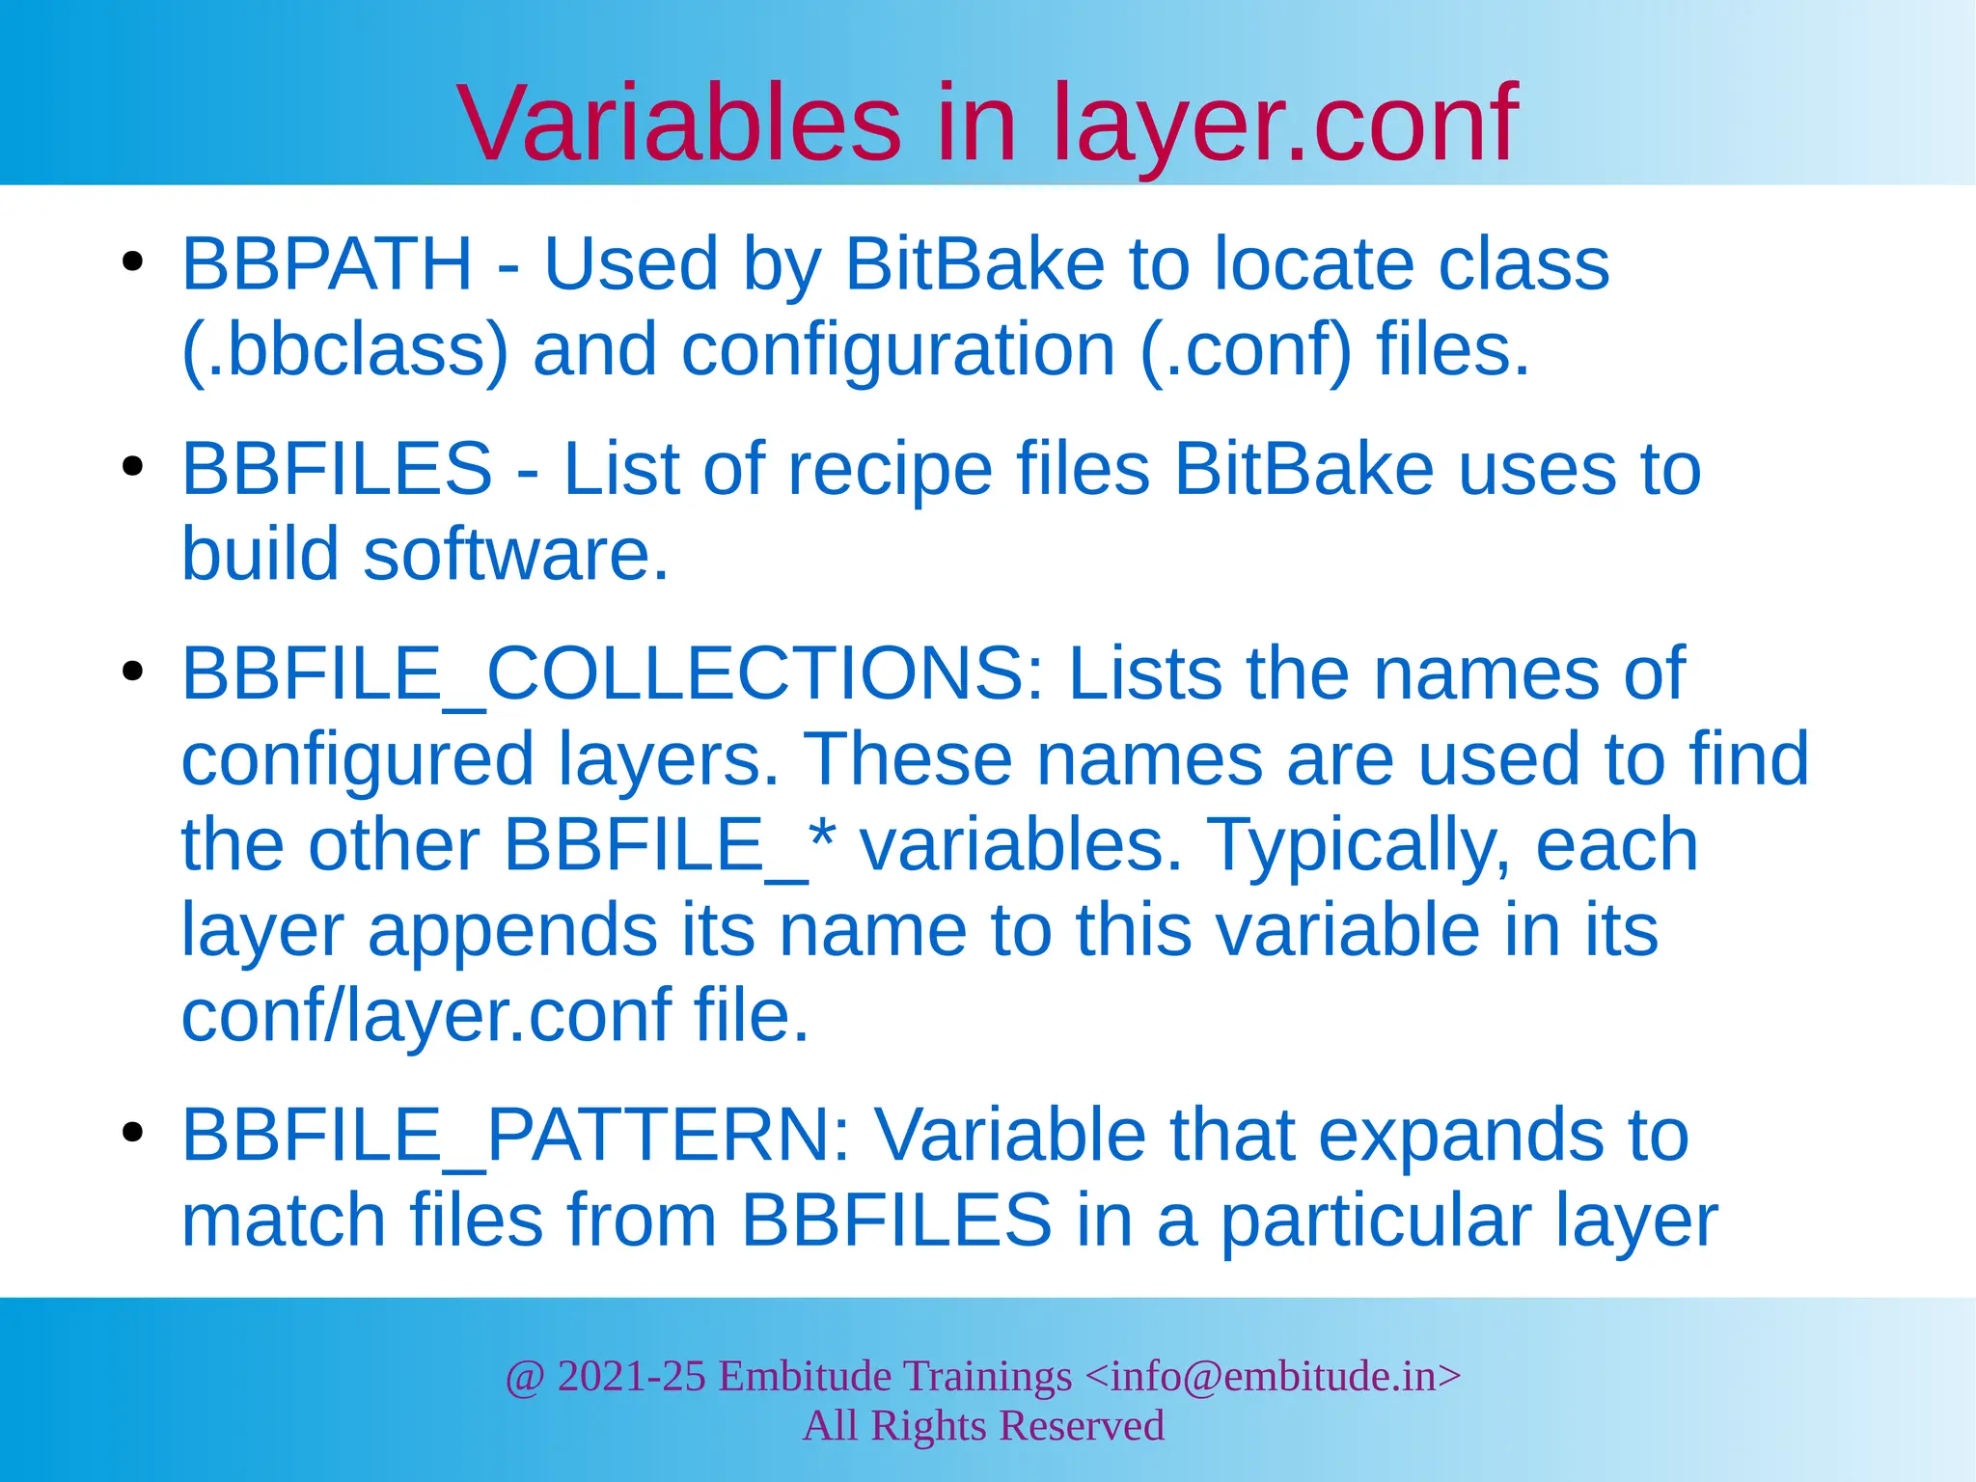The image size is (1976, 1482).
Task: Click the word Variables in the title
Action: pyautogui.click(x=679, y=123)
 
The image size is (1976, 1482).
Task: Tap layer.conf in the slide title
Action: pyautogui.click(x=1283, y=123)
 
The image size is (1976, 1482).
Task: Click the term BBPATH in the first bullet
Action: pyautogui.click(x=327, y=263)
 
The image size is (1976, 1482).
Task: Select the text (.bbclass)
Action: pyautogui.click(x=344, y=349)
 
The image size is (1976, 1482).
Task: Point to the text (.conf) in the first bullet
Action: pyautogui.click(x=1246, y=349)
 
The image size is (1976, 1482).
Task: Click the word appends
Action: pyautogui.click(x=512, y=930)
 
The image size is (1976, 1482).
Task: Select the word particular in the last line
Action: pyautogui.click(x=1376, y=1220)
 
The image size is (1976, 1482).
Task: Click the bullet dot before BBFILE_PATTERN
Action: pyautogui.click(x=133, y=1132)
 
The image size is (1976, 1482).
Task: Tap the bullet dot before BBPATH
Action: pyautogui.click(x=133, y=261)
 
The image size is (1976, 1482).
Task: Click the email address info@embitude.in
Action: pyautogui.click(x=1274, y=1376)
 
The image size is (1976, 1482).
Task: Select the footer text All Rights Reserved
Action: pyautogui.click(x=983, y=1426)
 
